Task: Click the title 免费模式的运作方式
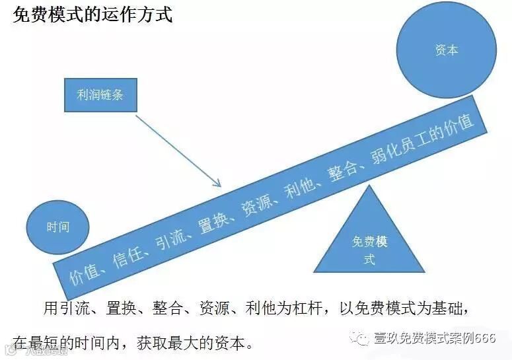[x=92, y=15]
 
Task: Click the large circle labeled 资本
[x=446, y=51]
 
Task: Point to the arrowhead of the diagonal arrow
[x=217, y=184]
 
